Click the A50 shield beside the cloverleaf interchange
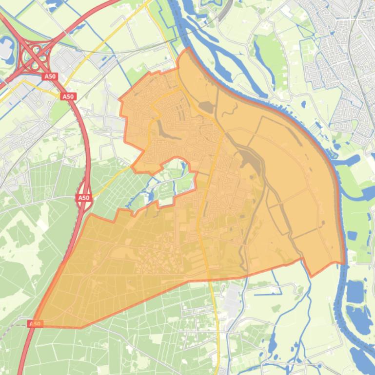tap(50, 76)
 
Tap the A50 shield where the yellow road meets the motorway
tap(68, 96)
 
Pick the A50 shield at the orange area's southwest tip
tap(35, 323)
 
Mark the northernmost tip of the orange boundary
tap(188, 48)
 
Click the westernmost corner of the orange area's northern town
tap(119, 99)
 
